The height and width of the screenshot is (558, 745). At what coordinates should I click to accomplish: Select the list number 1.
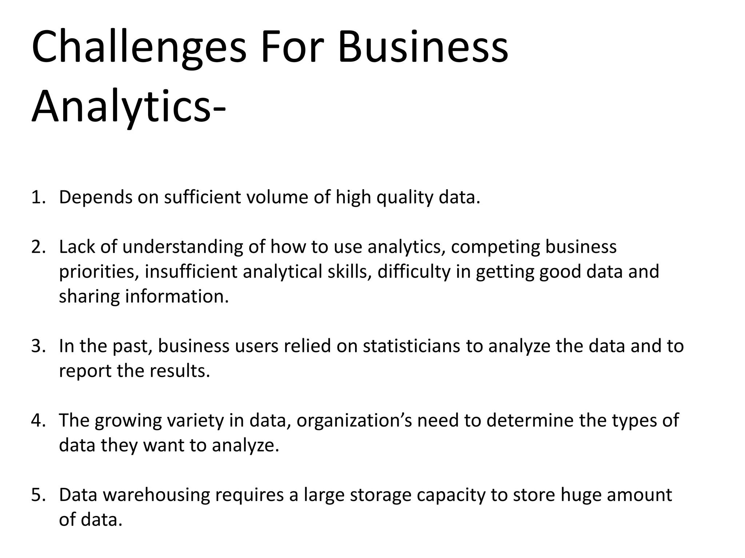click(38, 198)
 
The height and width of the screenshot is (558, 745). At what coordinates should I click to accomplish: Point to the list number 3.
click(38, 346)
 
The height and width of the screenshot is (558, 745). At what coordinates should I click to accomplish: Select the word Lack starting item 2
click(77, 247)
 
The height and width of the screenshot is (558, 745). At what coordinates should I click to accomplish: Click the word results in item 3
click(180, 371)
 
